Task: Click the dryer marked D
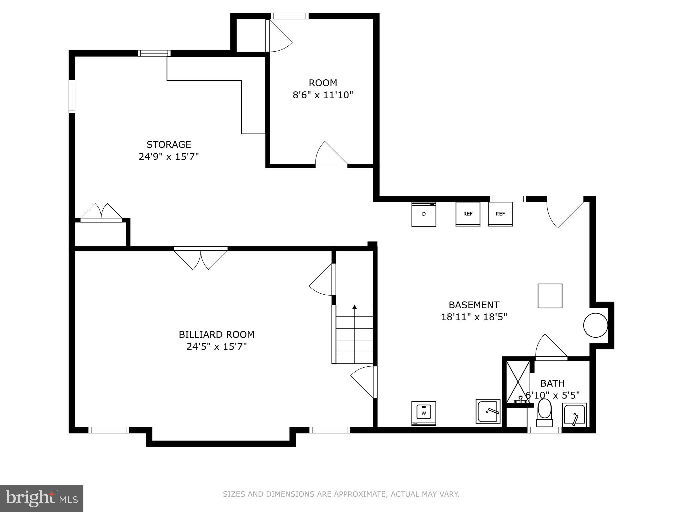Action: coord(424,214)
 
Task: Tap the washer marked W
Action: coord(424,413)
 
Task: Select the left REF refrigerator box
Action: coord(468,214)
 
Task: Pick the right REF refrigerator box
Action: coord(500,214)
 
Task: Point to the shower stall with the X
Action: coord(518,382)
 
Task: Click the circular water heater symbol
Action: coord(595,325)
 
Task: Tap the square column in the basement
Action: coord(550,296)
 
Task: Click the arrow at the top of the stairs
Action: coord(355,307)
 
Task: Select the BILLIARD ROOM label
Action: coord(216,334)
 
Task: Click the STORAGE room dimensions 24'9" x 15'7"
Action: coord(168,156)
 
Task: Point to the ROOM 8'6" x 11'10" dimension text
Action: coord(322,95)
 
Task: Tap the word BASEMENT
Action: coord(474,305)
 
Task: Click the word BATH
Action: coord(552,383)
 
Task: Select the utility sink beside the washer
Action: coord(488,412)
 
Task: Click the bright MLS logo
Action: coord(41,498)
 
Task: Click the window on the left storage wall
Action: coord(72,96)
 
